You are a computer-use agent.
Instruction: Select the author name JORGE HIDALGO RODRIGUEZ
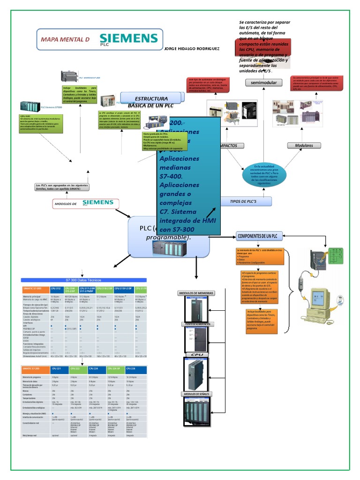click(192, 49)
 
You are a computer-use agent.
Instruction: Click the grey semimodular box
click(264, 82)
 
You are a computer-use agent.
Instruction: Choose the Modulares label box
click(304, 146)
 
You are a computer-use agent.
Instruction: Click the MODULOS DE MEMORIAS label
click(196, 293)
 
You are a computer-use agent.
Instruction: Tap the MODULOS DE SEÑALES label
click(196, 394)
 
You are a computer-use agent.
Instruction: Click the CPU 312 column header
click(56, 288)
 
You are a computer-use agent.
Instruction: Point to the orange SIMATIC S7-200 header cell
click(34, 368)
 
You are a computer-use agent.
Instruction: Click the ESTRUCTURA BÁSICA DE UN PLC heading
click(151, 102)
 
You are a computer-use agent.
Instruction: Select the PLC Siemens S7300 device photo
click(30, 107)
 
